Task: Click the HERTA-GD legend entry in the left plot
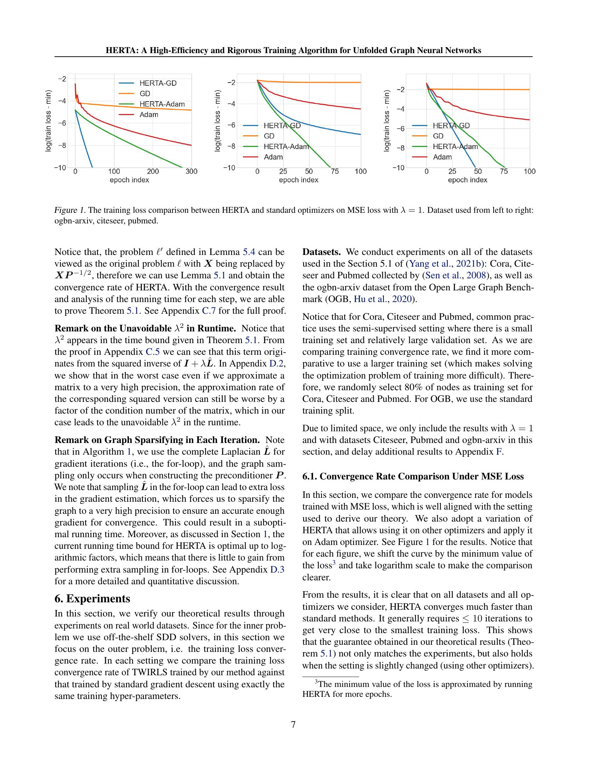tap(158, 83)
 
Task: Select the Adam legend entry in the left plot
tap(149, 115)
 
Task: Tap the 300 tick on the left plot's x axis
tap(192, 172)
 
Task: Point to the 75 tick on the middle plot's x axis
tap(335, 172)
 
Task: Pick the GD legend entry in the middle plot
tap(269, 136)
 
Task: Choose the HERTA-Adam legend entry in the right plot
tap(455, 147)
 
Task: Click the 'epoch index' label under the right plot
tap(467, 180)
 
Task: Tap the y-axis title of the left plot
tap(48, 121)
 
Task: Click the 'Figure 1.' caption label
tap(69, 210)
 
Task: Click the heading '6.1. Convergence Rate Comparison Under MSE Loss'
tap(413, 477)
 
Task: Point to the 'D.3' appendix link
tap(277, 570)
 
